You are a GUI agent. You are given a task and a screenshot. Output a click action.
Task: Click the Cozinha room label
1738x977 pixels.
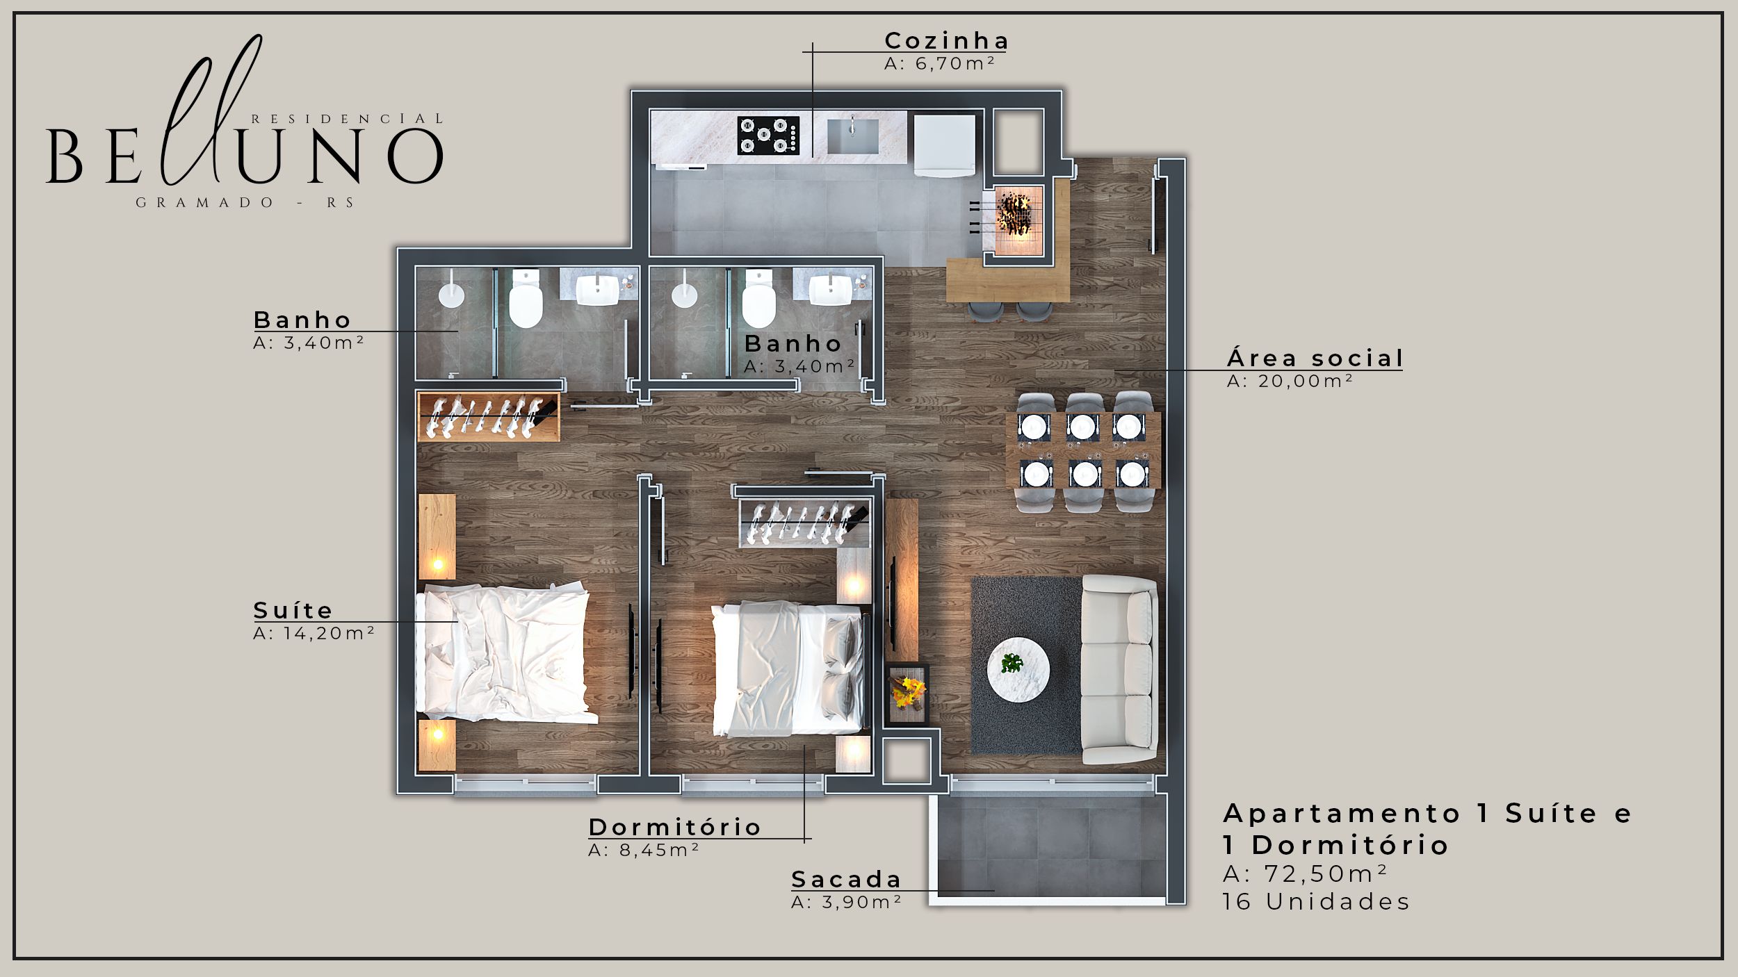tap(946, 41)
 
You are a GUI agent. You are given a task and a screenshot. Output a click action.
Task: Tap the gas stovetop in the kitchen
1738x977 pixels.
tap(768, 135)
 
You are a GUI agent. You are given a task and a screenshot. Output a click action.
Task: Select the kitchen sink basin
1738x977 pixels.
tap(852, 136)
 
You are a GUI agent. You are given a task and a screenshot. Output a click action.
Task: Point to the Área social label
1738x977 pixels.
tap(1315, 359)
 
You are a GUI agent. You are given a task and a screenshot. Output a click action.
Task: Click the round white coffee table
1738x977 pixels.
tap(1018, 670)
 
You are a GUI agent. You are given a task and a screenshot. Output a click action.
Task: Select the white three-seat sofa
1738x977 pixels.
tap(1119, 670)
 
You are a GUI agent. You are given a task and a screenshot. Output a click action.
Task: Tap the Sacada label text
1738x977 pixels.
tap(846, 879)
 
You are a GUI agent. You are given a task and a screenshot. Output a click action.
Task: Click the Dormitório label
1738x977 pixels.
tap(675, 827)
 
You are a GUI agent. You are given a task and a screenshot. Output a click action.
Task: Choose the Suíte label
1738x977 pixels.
tap(293, 610)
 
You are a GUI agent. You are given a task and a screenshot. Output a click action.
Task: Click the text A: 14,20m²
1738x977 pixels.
tap(314, 633)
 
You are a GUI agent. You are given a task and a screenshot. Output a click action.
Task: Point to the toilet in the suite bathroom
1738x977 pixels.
tap(526, 299)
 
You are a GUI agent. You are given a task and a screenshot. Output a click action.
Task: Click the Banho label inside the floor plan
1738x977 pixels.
tap(793, 343)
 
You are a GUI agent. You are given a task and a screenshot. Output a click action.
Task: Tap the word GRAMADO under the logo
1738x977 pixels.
tap(205, 203)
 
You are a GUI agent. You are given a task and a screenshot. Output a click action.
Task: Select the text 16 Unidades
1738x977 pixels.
tap(1317, 902)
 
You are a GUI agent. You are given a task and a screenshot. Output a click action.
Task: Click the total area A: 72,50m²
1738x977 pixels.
tap(1306, 873)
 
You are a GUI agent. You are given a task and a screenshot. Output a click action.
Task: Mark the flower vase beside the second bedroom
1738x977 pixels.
tap(908, 693)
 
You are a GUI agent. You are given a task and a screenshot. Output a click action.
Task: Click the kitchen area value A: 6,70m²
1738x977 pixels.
tap(940, 63)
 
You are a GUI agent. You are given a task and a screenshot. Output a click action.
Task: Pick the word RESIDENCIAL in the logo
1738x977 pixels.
tap(346, 119)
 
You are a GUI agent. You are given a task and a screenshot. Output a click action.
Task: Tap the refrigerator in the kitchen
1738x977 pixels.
tap(944, 145)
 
